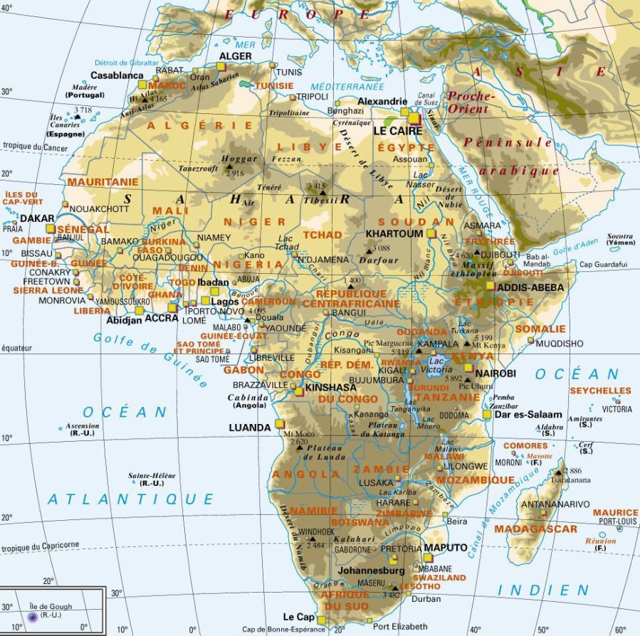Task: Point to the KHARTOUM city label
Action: pos(394,233)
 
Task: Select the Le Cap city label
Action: pos(298,616)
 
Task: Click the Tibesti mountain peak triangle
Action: pos(322,192)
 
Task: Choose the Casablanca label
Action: pos(117,75)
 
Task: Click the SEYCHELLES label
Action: pos(599,391)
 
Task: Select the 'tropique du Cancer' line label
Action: pos(35,147)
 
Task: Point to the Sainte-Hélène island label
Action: pos(152,475)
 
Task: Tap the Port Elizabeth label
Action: pos(401,626)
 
